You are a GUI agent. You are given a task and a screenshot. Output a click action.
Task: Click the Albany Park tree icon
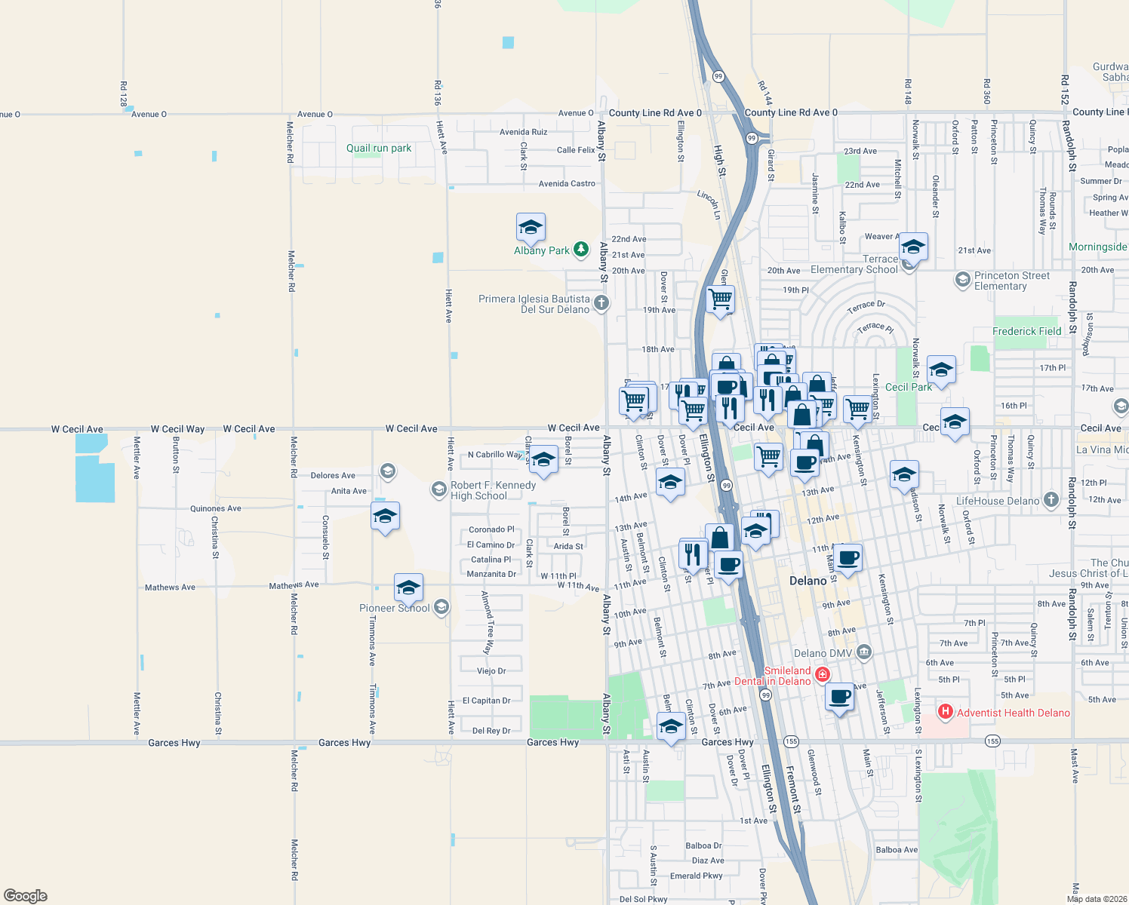(580, 250)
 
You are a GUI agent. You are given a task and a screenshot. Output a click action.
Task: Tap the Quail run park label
(379, 149)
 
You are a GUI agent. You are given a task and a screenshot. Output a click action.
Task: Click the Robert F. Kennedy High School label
(493, 490)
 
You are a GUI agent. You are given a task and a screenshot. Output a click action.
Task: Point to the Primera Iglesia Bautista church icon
(601, 303)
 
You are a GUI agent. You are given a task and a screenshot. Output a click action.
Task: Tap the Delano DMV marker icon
(864, 652)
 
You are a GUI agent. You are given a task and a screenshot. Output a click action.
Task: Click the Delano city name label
(808, 581)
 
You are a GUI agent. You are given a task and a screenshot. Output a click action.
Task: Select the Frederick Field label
(1026, 331)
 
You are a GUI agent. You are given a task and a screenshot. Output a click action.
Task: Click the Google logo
(25, 895)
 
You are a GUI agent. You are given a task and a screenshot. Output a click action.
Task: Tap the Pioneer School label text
(394, 608)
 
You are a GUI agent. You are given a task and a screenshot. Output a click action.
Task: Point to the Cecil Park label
(908, 387)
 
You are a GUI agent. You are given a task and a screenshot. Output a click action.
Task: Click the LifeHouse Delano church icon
(1051, 501)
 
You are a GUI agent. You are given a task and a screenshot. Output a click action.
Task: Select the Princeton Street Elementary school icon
(962, 280)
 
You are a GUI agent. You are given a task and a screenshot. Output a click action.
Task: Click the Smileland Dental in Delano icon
(823, 674)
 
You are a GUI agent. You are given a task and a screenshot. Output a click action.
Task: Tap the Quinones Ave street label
(216, 508)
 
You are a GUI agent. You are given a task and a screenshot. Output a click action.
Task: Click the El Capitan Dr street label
(486, 701)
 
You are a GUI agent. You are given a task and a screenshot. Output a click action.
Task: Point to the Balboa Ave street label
(897, 850)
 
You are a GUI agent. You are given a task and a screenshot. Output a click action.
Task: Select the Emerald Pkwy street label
(696, 876)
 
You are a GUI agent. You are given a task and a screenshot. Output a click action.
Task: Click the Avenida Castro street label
(567, 183)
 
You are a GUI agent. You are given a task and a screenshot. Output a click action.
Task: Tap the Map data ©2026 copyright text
(1096, 899)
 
